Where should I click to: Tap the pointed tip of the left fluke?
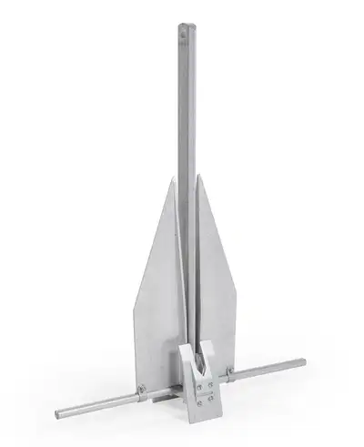click(170, 179)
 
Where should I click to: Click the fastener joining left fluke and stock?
click(140, 394)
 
